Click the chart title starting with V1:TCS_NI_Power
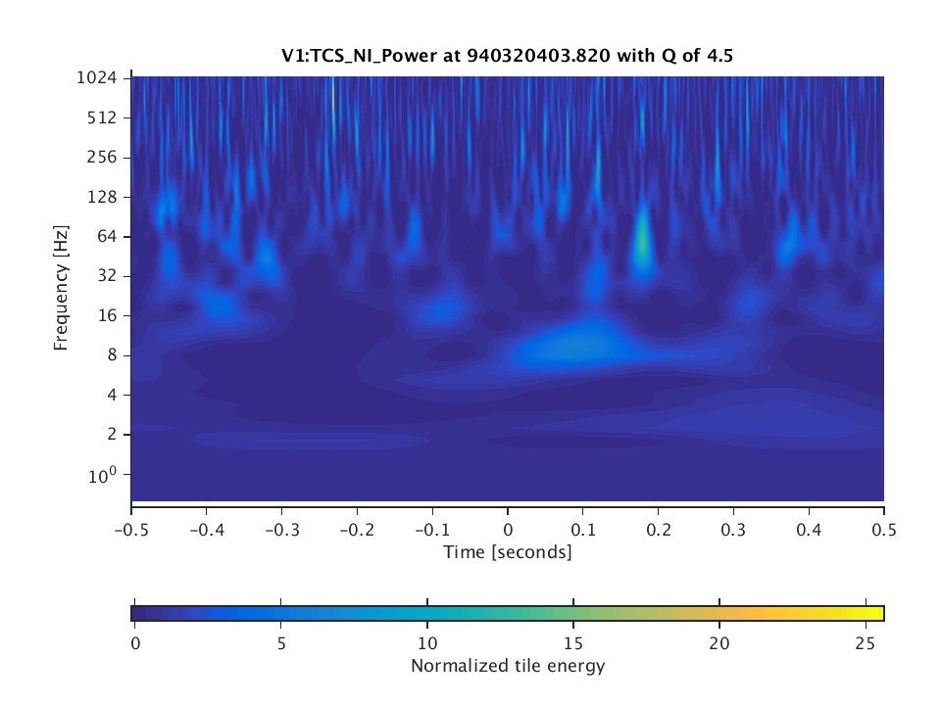(x=508, y=56)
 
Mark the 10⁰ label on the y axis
(x=106, y=476)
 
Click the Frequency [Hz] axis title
(x=62, y=289)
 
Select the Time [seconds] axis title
(x=508, y=552)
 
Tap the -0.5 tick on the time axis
(x=131, y=528)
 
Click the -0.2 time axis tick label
(x=357, y=528)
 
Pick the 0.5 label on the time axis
(x=884, y=528)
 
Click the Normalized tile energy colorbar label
(x=508, y=667)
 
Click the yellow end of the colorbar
(x=876, y=613)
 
